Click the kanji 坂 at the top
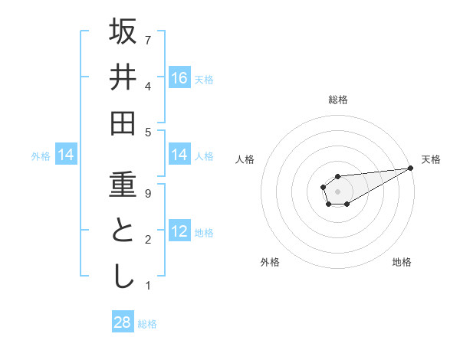tap(123, 31)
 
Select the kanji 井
tap(123, 77)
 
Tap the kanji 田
tap(123, 123)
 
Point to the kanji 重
tap(123, 185)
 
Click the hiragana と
tap(123, 231)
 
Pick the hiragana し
tap(123, 277)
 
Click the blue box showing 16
tap(179, 78)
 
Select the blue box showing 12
tap(179, 231)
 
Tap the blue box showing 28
tap(123, 322)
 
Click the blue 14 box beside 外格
tap(66, 155)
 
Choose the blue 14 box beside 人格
tap(179, 155)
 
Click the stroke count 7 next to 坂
tap(148, 39)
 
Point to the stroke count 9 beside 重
tap(148, 193)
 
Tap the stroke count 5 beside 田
tap(148, 132)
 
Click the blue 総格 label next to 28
tap(147, 324)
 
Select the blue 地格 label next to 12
tap(204, 233)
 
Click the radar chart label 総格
tap(337, 100)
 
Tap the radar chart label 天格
tap(431, 159)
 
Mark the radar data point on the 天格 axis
tap(410, 168)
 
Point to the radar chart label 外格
tap(270, 262)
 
